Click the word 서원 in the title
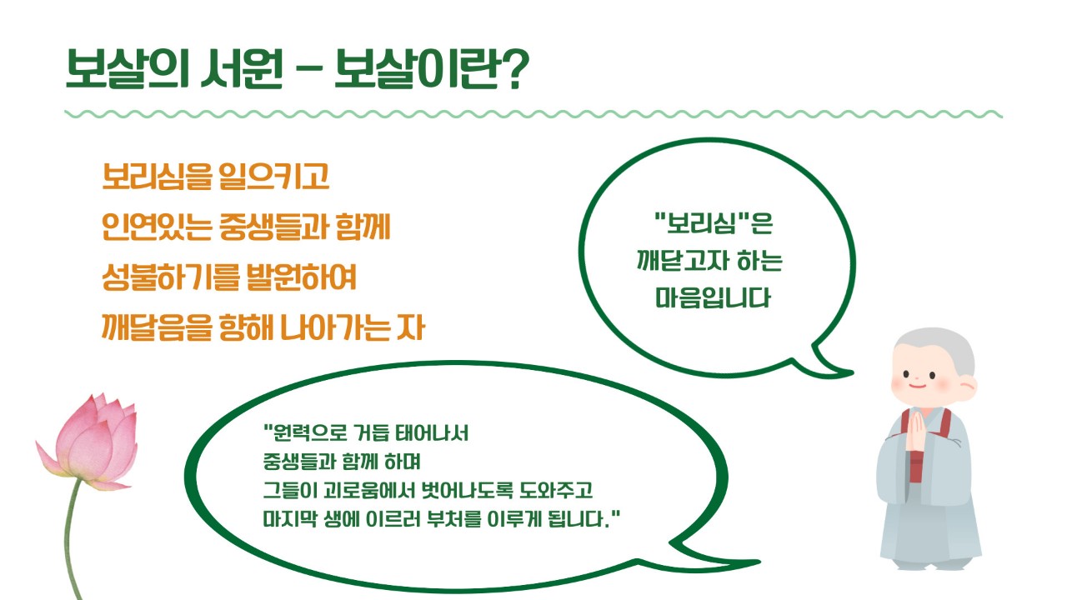point(242,68)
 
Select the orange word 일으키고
point(273,176)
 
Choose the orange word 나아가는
point(334,327)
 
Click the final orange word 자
point(411,327)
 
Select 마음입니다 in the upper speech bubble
point(713,298)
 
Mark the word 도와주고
point(555,490)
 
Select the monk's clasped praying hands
point(916,432)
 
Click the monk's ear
point(967,386)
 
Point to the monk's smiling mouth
point(917,385)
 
